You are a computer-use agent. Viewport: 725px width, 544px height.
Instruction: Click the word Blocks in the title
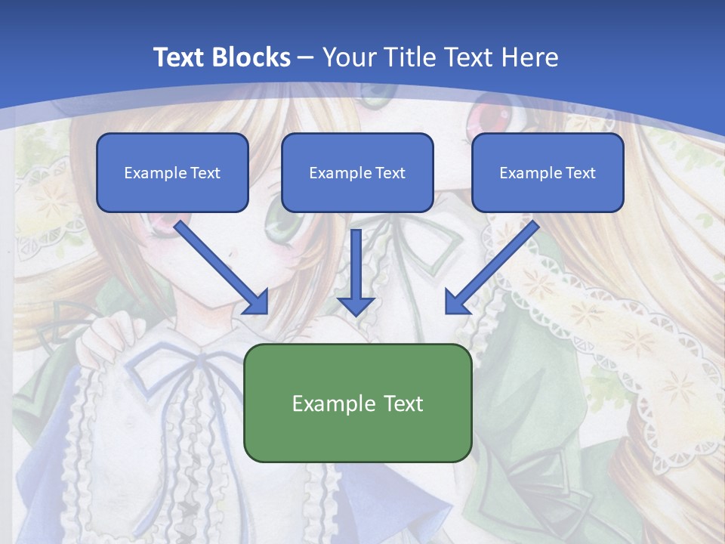pos(249,57)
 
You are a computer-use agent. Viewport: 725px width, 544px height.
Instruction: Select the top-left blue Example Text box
pos(172,172)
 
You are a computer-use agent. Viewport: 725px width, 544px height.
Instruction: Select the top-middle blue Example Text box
pos(357,172)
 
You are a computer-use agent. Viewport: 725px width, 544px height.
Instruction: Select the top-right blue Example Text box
pos(548,172)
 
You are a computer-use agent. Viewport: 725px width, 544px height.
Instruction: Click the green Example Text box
pos(358,403)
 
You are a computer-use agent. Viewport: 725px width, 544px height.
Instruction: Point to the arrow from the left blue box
pos(221,267)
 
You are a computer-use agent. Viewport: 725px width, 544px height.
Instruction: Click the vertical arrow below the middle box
pos(356,272)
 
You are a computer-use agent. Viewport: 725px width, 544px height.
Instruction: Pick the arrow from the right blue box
pos(492,267)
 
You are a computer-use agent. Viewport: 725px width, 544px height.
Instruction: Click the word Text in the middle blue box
pos(390,173)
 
